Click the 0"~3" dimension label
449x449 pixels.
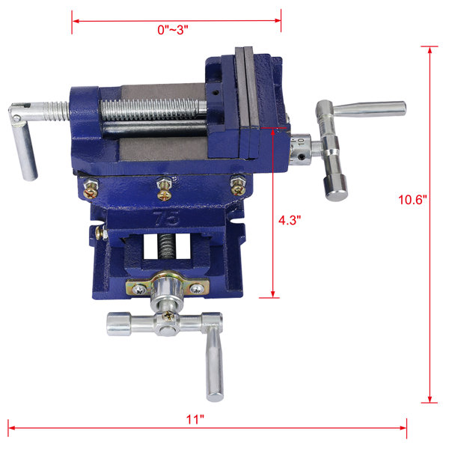[177, 30]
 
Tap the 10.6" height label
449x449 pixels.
[412, 200]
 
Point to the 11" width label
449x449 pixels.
[196, 418]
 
